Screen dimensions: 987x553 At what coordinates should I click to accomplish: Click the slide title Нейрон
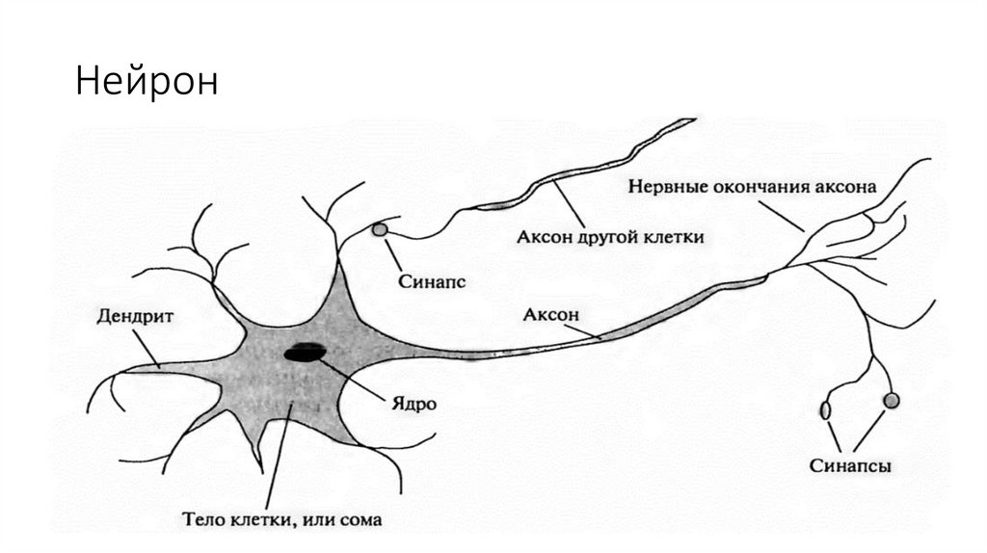[x=147, y=82]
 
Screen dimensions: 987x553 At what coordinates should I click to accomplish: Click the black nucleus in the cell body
[x=305, y=353]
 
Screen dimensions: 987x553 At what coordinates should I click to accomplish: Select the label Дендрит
[x=128, y=315]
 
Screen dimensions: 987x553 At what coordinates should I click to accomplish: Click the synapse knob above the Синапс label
[x=380, y=230]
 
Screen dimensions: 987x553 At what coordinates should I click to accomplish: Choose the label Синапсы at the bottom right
[x=850, y=466]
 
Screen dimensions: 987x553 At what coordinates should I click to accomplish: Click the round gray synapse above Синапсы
[x=891, y=399]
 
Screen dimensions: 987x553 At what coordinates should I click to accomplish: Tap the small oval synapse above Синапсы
[x=826, y=411]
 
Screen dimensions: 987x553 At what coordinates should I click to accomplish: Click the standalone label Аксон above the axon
[x=550, y=315]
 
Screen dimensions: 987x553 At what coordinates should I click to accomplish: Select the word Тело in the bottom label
[x=201, y=520]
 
